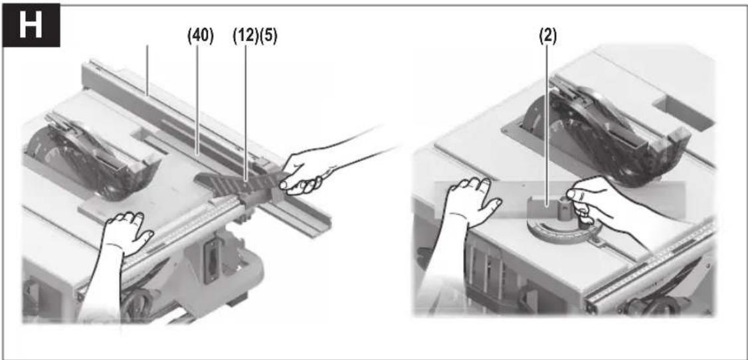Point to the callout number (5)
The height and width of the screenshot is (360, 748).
point(268,36)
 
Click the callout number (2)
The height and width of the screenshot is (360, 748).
point(547,36)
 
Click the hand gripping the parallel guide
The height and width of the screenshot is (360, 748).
point(306,169)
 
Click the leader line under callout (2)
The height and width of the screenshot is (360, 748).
point(547,124)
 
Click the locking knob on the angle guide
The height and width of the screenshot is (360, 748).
point(573,203)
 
